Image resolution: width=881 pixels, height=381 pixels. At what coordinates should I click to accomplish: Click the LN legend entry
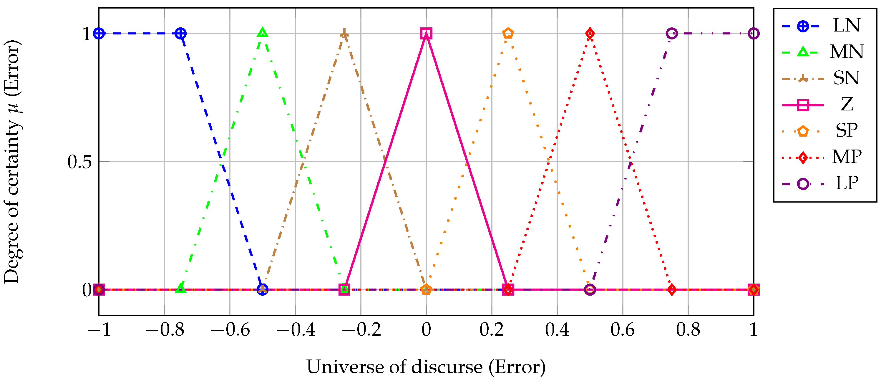point(847,25)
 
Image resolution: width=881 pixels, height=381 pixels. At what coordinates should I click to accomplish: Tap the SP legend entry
point(847,130)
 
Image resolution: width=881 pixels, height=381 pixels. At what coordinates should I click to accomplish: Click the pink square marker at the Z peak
point(426,34)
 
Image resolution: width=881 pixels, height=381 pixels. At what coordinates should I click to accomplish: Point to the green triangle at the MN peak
point(262,33)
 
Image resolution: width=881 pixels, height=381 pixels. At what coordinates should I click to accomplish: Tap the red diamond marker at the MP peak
point(590,34)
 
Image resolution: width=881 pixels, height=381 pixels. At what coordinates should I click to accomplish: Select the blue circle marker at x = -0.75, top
point(180,34)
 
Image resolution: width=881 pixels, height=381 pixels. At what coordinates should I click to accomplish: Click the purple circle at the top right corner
point(754,34)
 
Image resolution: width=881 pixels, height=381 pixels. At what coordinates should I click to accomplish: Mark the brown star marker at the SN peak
point(344,34)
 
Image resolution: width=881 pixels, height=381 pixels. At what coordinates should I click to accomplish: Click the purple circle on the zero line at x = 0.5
point(590,290)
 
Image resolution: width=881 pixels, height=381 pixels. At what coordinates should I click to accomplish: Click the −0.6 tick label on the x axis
point(230,330)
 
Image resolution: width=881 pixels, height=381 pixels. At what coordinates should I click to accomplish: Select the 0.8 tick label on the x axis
point(688,330)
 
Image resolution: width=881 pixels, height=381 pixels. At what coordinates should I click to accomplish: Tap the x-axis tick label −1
point(99,330)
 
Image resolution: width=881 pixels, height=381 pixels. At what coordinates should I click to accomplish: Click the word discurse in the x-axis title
point(447,367)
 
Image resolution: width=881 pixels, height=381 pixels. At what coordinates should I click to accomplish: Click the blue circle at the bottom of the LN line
point(262,290)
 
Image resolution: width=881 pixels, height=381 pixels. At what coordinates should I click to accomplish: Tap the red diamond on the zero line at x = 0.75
point(672,290)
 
